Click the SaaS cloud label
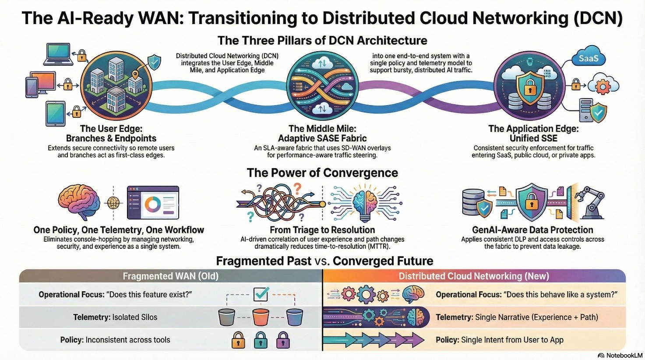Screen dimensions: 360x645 click(x=589, y=58)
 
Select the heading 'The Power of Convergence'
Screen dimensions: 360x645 click(x=322, y=173)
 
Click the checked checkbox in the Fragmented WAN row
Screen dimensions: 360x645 click(x=261, y=294)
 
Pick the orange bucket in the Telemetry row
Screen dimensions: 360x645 click(x=261, y=317)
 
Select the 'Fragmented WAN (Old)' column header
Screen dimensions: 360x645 click(x=170, y=276)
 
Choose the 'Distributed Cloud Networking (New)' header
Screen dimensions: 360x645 click(x=473, y=276)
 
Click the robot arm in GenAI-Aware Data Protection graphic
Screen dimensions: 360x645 click(x=590, y=202)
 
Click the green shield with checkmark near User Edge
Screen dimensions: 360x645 click(x=154, y=63)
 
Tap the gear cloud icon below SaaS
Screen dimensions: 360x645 click(x=603, y=86)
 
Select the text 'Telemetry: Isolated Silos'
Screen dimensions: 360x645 click(x=115, y=317)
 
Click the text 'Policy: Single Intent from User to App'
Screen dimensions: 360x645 click(x=499, y=340)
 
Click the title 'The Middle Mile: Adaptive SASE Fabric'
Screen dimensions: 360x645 click(x=322, y=133)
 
